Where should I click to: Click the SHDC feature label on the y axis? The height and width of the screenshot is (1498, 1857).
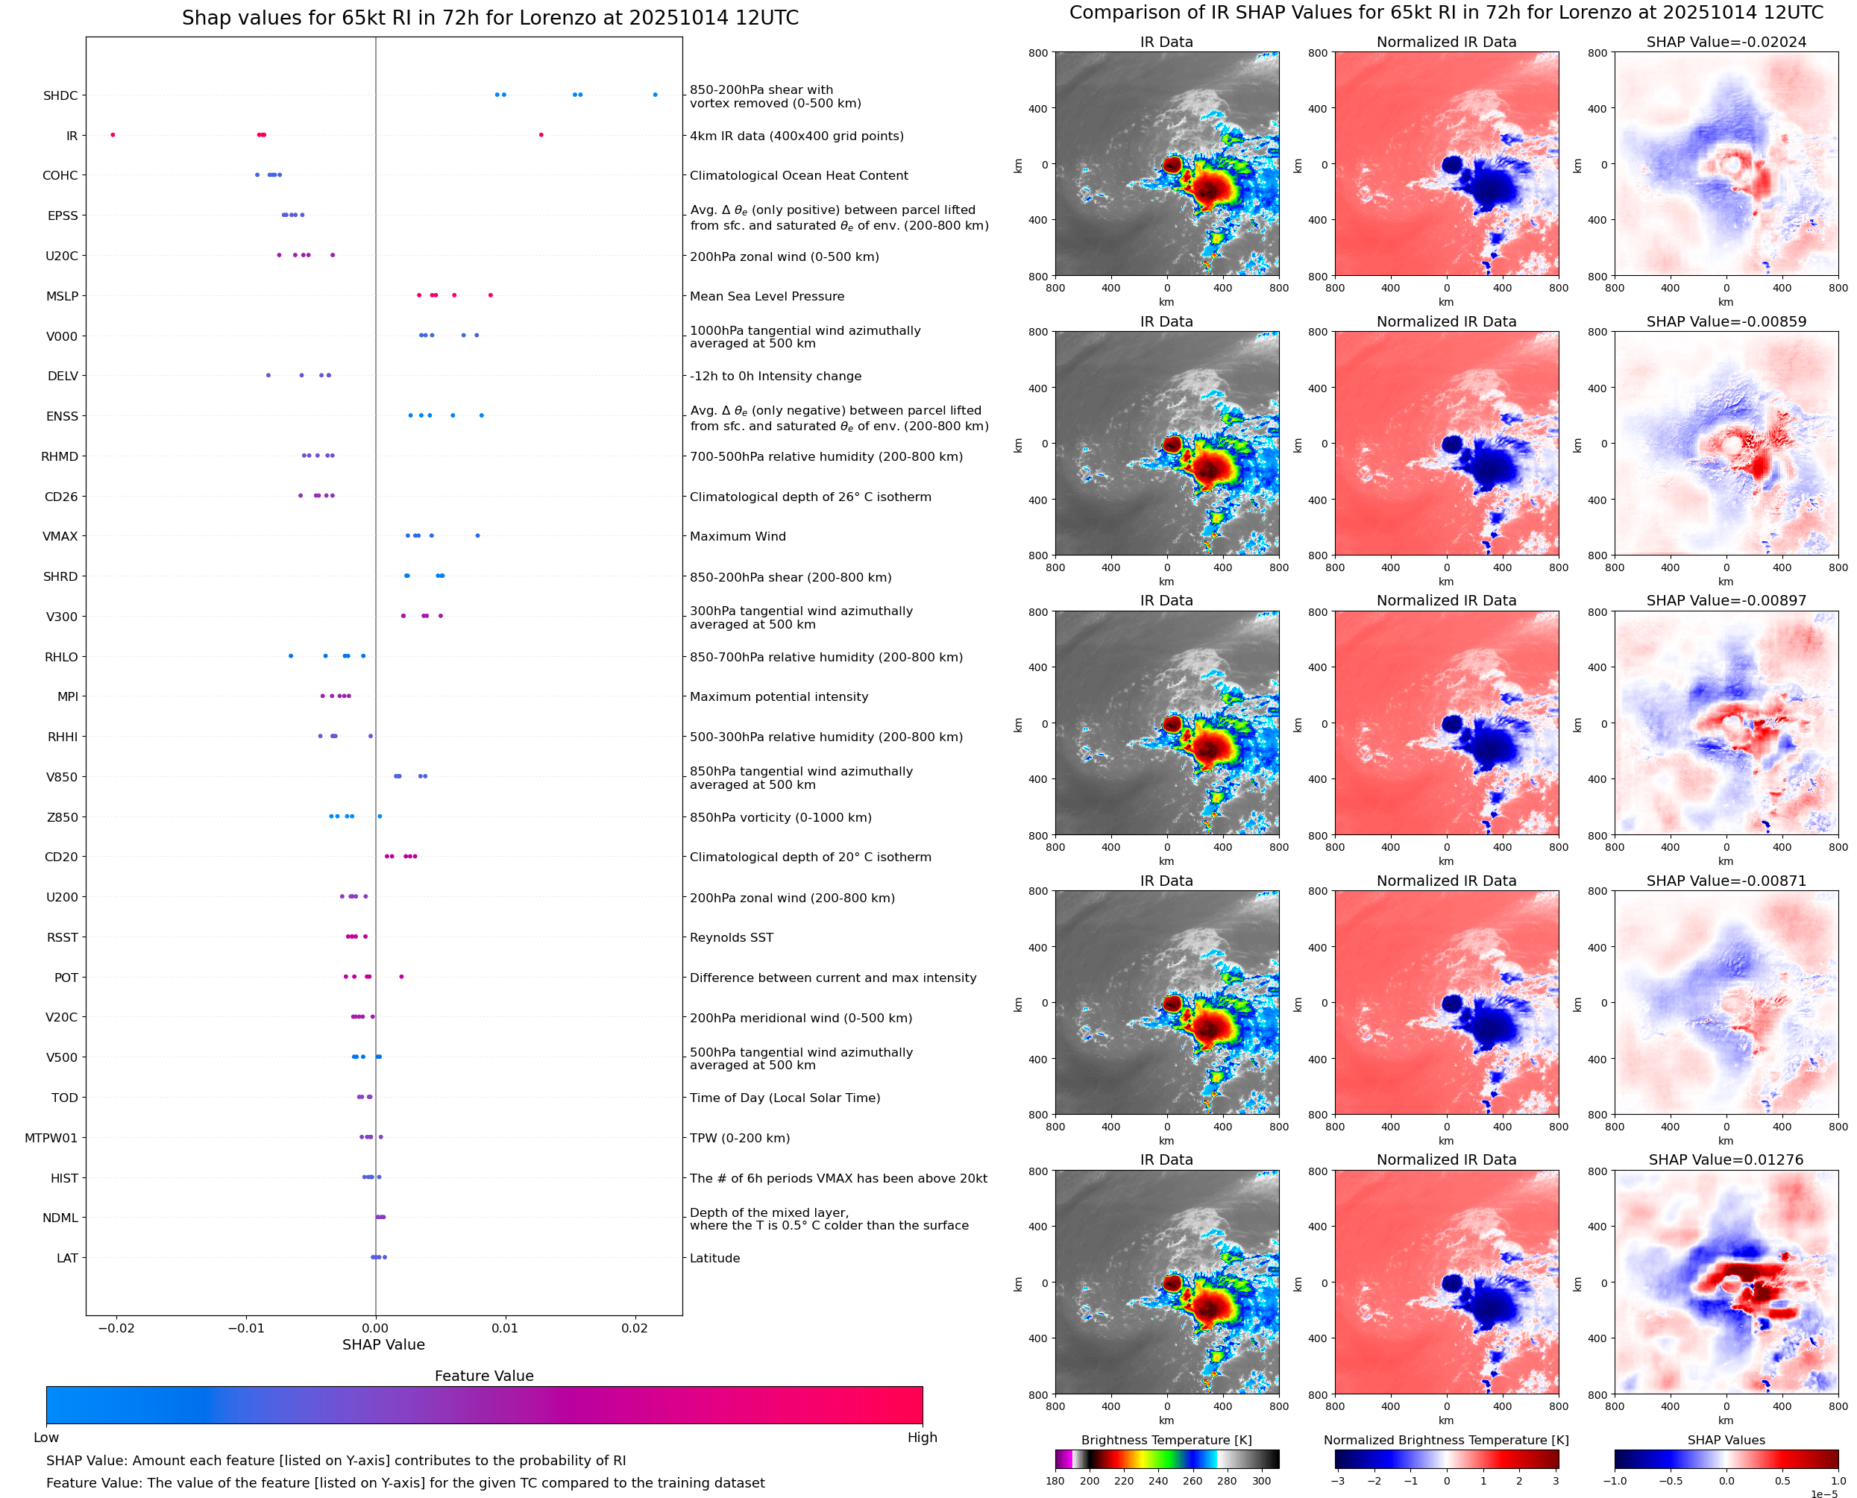pos(60,95)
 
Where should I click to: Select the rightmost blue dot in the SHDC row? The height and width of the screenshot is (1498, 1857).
pos(655,95)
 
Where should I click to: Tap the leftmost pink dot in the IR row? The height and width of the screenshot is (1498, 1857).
pos(113,135)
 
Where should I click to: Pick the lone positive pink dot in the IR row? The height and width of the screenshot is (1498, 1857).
pos(541,135)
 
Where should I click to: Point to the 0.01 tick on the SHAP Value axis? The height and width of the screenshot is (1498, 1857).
pos(505,1328)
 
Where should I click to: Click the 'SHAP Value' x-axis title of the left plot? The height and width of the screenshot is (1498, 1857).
pos(383,1344)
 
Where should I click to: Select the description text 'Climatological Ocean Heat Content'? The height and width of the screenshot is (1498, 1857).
pos(798,176)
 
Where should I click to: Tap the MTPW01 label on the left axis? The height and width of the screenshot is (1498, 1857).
pos(51,1138)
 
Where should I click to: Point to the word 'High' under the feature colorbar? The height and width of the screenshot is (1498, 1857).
pos(922,1438)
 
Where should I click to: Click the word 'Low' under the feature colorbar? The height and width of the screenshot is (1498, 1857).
pos(46,1438)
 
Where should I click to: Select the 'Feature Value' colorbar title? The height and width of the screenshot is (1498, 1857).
pos(484,1376)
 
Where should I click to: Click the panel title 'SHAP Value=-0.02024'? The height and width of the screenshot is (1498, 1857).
pos(1726,43)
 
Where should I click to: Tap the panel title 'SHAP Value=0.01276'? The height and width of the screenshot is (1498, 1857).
pos(1726,1159)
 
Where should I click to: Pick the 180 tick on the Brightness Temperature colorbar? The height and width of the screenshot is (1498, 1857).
pos(1055,1481)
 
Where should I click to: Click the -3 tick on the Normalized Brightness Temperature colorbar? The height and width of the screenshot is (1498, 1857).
pos(1336,1481)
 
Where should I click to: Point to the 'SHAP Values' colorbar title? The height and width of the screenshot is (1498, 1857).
pos(1726,1440)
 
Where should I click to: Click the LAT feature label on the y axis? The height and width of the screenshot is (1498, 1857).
pos(67,1258)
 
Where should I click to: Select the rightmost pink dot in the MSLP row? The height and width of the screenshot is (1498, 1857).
pos(491,295)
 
